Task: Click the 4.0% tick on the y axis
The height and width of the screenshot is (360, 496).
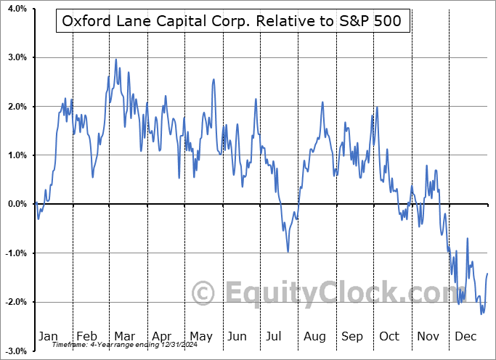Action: point(15,9)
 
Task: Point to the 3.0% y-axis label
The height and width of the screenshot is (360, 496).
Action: point(15,57)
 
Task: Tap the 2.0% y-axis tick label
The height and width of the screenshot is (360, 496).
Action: point(15,107)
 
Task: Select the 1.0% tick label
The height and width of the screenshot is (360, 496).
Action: point(15,155)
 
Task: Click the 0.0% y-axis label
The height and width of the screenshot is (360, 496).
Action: point(15,204)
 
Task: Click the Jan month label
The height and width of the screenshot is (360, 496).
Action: point(48,336)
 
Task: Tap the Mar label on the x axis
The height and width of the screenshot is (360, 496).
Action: point(124,336)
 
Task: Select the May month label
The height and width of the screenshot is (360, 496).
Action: point(200,336)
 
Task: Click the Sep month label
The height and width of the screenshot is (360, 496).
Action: point(353,336)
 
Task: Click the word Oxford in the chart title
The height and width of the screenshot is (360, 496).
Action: point(86,21)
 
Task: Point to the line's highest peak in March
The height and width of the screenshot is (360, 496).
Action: point(116,60)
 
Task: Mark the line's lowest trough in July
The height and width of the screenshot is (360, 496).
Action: point(288,252)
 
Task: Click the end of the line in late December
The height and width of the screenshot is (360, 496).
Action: point(487,274)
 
